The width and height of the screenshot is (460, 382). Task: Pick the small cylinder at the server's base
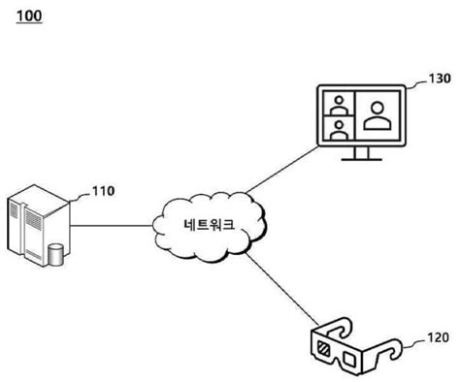(56, 255)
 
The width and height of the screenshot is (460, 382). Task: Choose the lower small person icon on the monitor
(338, 129)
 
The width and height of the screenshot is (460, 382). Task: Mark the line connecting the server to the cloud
(112, 227)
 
